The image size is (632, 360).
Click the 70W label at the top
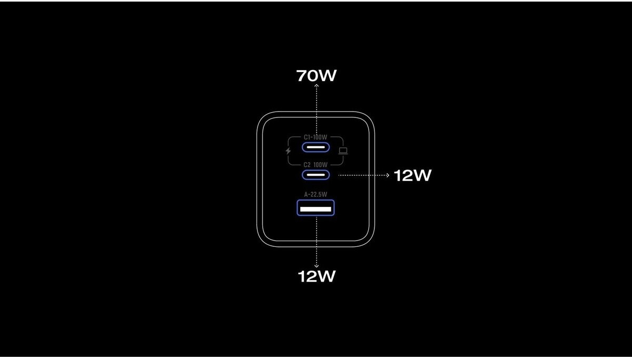coord(316,76)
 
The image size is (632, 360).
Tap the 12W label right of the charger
coord(412,176)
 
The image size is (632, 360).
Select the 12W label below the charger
coord(316,276)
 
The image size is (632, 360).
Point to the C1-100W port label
coord(315,137)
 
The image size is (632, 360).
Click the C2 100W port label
coord(315,165)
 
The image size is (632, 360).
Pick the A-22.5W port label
coord(315,194)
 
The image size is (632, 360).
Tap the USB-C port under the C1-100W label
coord(315,147)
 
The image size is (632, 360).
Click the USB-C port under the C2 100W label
coord(315,175)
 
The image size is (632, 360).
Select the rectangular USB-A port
coord(315,209)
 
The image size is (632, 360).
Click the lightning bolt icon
coord(288,151)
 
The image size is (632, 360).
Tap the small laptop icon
coord(343,151)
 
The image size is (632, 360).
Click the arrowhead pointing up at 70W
coord(316,86)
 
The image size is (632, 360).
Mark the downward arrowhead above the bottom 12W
coord(316,266)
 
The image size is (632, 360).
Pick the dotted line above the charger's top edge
coord(316,100)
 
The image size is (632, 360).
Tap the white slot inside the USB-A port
coord(315,209)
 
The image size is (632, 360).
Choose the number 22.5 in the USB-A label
coord(317,194)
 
